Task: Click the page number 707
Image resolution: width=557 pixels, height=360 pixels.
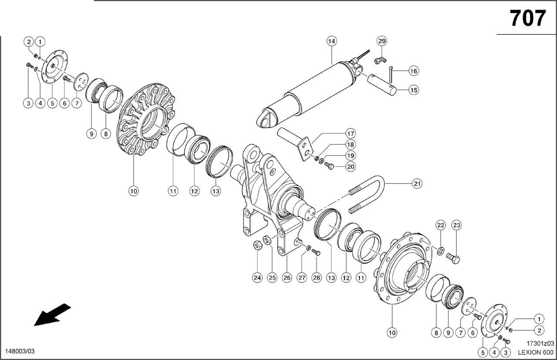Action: pyautogui.click(x=528, y=18)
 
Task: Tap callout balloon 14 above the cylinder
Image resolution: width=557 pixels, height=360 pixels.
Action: pyautogui.click(x=332, y=41)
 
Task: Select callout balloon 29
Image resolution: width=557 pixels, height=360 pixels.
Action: pyautogui.click(x=382, y=41)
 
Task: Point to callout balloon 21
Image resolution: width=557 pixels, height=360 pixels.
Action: pyautogui.click(x=417, y=184)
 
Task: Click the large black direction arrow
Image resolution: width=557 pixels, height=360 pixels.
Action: pyautogui.click(x=53, y=314)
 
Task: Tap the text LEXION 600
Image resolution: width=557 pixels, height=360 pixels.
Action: pyautogui.click(x=536, y=353)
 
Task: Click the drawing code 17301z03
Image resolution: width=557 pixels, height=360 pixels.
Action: pyautogui.click(x=540, y=343)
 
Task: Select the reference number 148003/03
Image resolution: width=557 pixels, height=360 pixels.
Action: pyautogui.click(x=20, y=351)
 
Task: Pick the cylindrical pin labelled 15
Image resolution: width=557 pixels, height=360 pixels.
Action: pyautogui.click(x=382, y=84)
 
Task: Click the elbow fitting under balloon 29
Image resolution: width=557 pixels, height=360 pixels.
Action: pyautogui.click(x=380, y=60)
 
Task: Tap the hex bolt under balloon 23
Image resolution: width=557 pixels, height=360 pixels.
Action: pyautogui.click(x=453, y=259)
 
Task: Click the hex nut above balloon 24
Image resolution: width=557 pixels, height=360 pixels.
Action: pyautogui.click(x=257, y=246)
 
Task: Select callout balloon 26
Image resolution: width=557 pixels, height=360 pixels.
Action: pyautogui.click(x=287, y=277)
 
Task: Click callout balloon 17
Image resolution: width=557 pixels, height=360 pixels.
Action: pyautogui.click(x=351, y=134)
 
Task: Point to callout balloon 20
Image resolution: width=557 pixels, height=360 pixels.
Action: pyautogui.click(x=351, y=166)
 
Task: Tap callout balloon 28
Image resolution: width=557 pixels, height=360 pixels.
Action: pyautogui.click(x=316, y=277)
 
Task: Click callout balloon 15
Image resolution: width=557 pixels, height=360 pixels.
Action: pyautogui.click(x=413, y=90)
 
